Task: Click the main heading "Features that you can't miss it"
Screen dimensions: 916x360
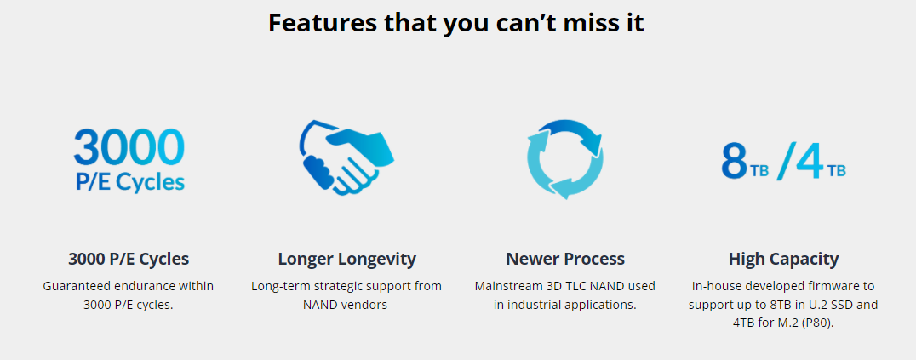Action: pos(456,23)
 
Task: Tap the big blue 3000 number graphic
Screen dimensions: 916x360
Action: pos(129,147)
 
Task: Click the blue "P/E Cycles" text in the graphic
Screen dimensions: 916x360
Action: pos(129,182)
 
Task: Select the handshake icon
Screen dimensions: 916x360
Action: pos(346,157)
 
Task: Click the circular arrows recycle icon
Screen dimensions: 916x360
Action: pos(565,159)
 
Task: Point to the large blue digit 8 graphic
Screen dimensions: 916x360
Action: pos(735,161)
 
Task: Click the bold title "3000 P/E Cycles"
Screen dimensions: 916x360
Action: pos(129,259)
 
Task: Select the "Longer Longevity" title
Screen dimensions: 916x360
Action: pos(347,259)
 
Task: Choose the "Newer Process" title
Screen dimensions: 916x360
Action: pos(565,259)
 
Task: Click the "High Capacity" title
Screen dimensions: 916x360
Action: pos(783,259)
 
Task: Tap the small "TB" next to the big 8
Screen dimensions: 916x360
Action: pos(759,171)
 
